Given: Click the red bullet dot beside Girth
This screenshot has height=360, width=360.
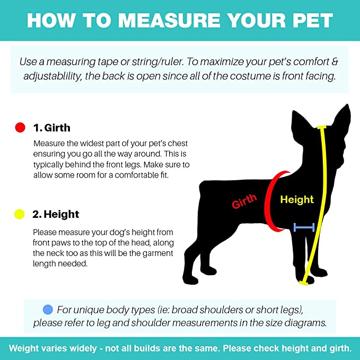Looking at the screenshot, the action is (20, 127).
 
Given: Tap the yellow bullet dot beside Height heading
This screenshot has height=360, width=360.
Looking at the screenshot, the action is (20, 214).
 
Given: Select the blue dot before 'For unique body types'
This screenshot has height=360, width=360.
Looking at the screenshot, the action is (48, 310).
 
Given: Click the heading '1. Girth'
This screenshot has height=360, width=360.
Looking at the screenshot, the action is (52, 128).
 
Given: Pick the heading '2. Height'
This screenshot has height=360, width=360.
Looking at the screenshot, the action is (56, 214).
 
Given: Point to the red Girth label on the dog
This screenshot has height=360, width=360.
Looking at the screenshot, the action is (244, 201).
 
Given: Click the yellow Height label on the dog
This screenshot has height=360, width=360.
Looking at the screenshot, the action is (297, 199).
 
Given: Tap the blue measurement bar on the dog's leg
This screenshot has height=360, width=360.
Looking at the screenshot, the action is (304, 227).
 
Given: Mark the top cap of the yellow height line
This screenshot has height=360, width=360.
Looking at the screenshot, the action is (322, 127).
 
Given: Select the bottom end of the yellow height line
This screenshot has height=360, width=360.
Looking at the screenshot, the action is (304, 283).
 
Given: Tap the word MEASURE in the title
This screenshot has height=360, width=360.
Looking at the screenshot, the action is (169, 21).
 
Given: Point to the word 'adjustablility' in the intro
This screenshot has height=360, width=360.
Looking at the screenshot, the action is (52, 76).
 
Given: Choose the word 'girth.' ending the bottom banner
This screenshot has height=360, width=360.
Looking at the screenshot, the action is (340, 348).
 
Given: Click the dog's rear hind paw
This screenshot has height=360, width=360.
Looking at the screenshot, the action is (190, 279).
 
